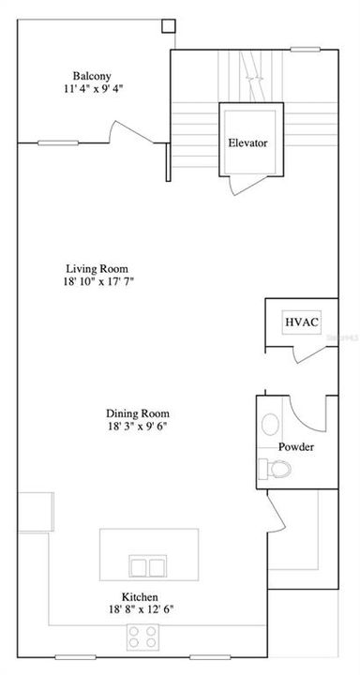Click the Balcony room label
pos(95,76)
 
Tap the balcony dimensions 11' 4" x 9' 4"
pos(95,90)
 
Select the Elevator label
pos(247,143)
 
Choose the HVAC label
pos(302,322)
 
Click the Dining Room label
pos(143,412)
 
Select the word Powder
pos(295,446)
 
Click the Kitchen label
pos(138,597)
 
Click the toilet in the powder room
pos(268,469)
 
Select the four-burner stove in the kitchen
pos(143,637)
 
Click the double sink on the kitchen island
pos(147,567)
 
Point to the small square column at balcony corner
pos(168,26)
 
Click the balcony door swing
pos(122,132)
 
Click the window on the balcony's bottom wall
pos(58,143)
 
